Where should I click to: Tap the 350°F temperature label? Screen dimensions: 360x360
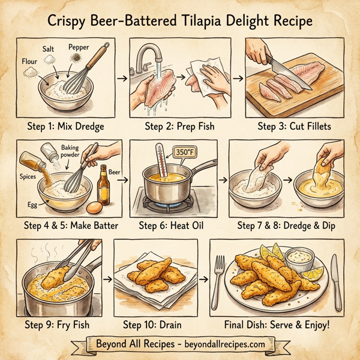tap(182, 153)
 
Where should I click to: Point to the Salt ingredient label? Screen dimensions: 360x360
tap(50, 48)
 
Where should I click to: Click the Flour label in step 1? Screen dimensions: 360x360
tap(29, 61)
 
